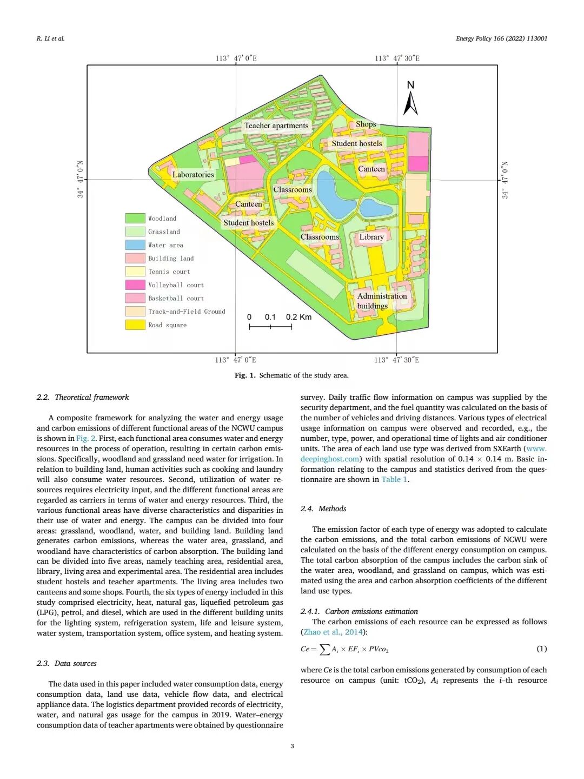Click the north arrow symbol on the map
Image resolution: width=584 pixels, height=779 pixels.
point(410,103)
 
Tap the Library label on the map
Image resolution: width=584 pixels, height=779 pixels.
point(371,237)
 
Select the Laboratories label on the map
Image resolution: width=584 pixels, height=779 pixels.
point(193,174)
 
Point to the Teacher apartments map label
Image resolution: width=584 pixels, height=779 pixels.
point(276,126)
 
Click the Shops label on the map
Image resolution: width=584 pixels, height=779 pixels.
point(366,124)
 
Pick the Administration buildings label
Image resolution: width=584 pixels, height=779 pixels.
point(381,301)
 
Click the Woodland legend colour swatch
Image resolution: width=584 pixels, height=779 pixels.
point(135,219)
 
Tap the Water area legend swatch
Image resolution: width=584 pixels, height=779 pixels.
point(135,245)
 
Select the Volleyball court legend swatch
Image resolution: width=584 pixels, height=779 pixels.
point(135,285)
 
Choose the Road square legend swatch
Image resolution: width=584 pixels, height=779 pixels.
point(135,325)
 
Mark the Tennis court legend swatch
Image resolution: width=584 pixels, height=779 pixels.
point(135,272)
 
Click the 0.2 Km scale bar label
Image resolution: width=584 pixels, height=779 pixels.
point(298,317)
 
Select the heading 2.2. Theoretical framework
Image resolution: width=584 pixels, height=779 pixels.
point(83,397)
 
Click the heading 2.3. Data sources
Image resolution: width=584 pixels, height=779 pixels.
point(67,663)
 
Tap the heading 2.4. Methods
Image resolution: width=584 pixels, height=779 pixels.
point(323,509)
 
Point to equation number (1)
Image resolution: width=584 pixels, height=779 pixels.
point(541,649)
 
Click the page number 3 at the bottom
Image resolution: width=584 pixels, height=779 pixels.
point(292,747)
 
